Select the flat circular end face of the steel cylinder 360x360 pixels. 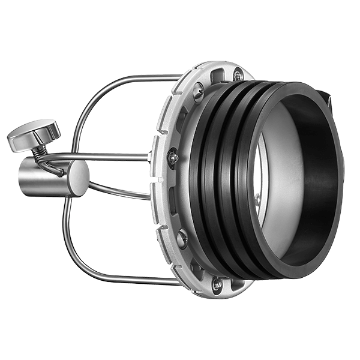point(77,178)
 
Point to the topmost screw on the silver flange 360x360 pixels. point(238,76)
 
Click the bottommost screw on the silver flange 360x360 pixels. point(217,283)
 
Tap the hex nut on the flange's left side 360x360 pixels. point(172,158)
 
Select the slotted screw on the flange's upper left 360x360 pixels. point(198,91)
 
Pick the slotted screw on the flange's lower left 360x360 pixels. point(182,239)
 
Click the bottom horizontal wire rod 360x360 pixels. point(132,280)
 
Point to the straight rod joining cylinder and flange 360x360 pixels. point(114,157)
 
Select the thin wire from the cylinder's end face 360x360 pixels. point(120,191)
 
